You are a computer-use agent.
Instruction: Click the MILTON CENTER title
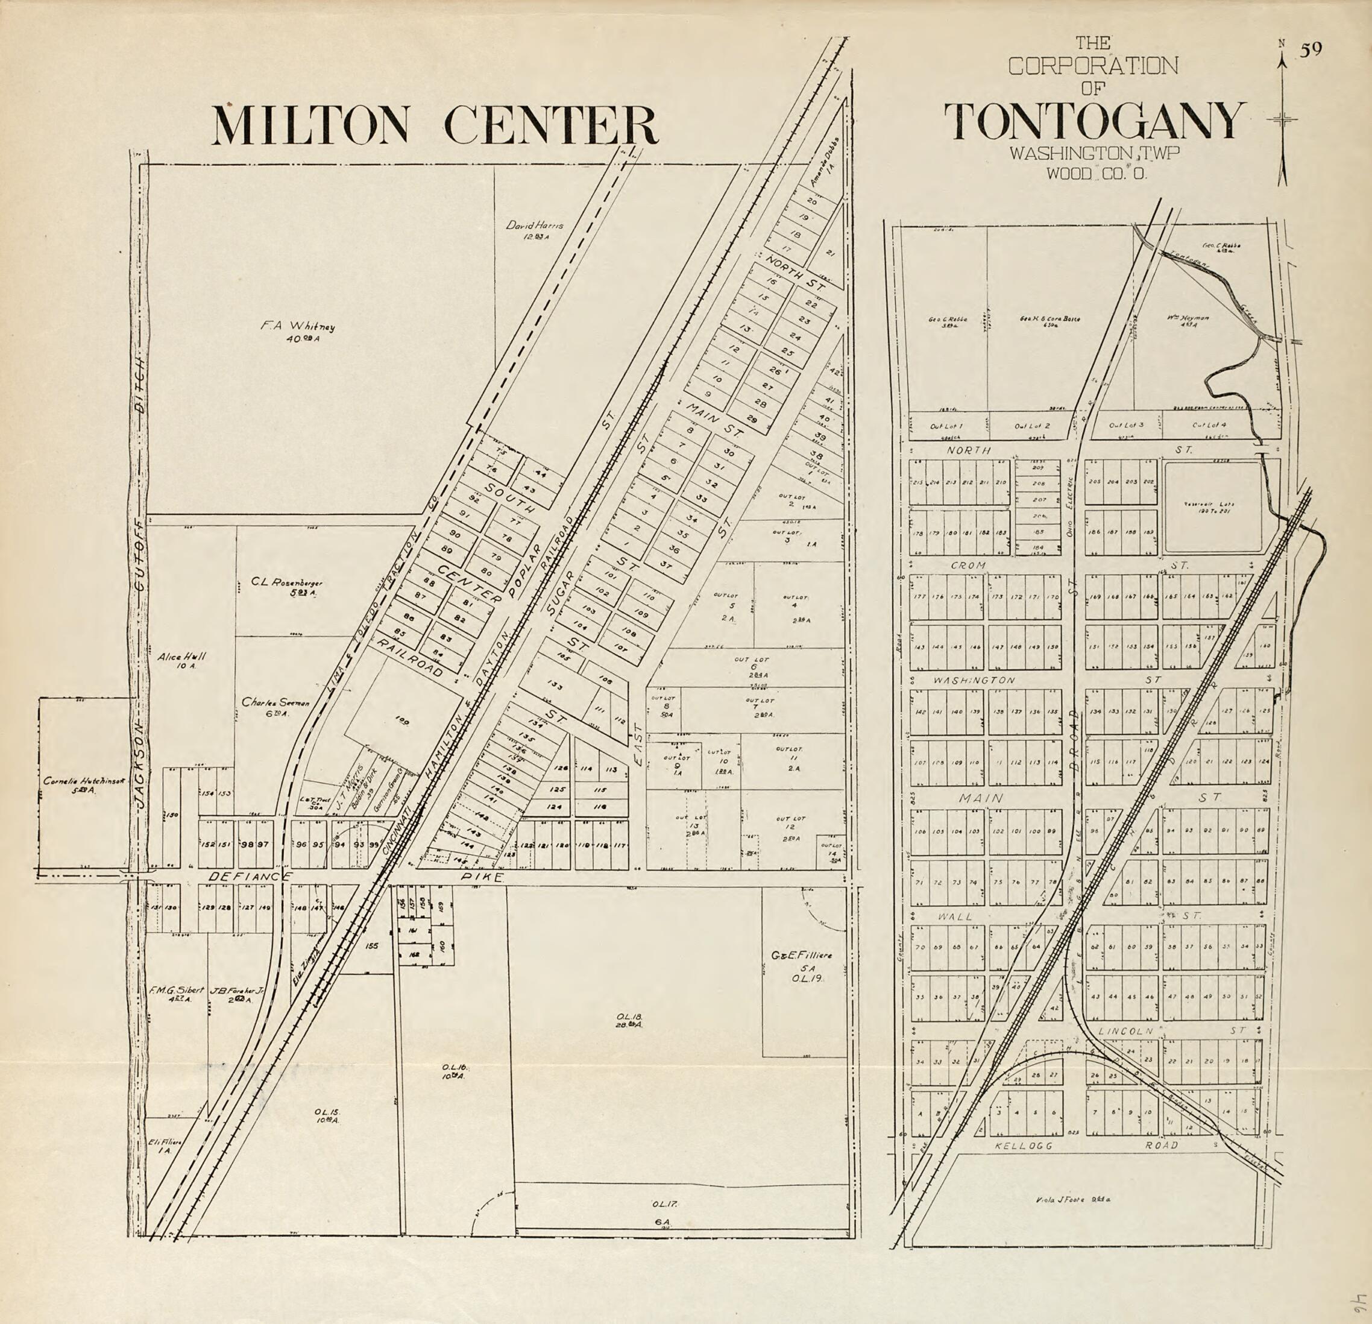[x=435, y=125]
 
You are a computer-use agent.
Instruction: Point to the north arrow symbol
[x=1282, y=119]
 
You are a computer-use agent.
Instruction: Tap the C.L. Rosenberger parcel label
[x=287, y=587]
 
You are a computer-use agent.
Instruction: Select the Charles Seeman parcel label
[x=275, y=707]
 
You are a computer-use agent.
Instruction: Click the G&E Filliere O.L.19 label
[x=802, y=966]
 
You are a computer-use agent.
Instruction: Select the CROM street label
[x=969, y=564]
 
